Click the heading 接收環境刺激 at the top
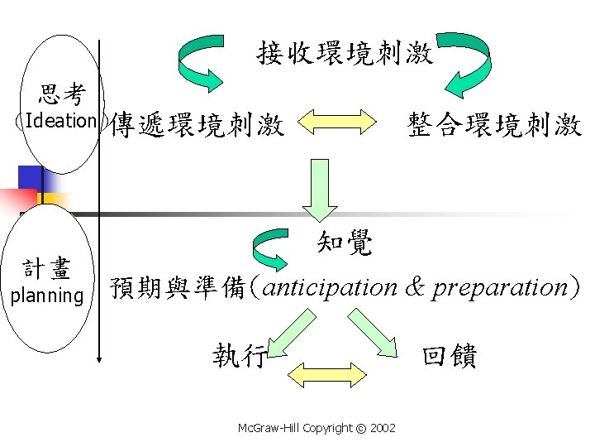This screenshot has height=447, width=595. click(345, 54)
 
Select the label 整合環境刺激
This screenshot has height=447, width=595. click(494, 125)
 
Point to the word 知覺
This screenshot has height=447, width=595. click(345, 242)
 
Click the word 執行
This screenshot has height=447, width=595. click(239, 355)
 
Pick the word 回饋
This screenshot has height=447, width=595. click(450, 355)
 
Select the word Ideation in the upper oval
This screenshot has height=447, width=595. click(61, 120)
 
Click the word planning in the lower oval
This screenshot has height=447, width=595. click(47, 296)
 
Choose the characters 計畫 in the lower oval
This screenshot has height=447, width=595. click(47, 269)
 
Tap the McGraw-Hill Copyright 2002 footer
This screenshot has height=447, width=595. click(316, 428)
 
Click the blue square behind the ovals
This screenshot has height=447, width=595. click(31, 178)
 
